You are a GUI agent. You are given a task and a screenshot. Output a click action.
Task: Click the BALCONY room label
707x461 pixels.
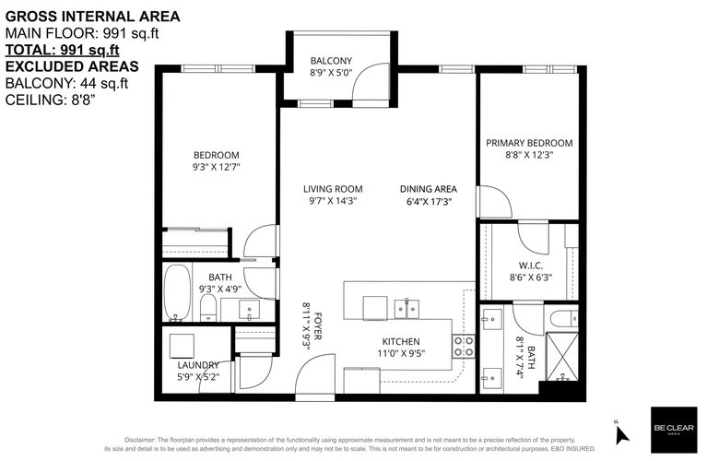tap(331, 61)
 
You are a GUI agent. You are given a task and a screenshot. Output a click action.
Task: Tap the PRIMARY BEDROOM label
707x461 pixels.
tap(529, 143)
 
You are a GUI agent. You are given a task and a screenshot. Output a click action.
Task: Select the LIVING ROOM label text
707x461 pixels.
tap(333, 189)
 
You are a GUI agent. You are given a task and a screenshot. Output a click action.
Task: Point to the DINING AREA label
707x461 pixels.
tap(429, 189)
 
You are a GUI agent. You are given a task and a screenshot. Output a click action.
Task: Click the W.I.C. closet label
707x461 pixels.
tap(531, 266)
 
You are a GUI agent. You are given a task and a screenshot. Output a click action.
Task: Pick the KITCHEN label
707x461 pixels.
tap(401, 341)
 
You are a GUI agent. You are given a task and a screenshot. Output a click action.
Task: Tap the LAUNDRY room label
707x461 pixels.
tap(198, 365)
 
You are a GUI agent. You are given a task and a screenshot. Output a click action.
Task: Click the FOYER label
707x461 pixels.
tap(317, 326)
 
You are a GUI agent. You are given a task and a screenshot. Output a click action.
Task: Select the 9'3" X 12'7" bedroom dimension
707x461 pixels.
tap(216, 167)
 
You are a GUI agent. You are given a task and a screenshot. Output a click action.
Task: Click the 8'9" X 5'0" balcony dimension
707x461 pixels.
tap(331, 73)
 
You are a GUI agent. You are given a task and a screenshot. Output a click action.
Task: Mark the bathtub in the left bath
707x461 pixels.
tap(177, 293)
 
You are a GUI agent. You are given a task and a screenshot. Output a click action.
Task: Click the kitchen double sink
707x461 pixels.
tap(407, 309)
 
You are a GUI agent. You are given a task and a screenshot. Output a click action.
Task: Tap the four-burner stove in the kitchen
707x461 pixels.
tap(464, 347)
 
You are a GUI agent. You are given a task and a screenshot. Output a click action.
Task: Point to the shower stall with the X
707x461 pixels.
tap(561, 356)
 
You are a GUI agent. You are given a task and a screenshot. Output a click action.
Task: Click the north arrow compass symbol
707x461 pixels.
tap(622, 432)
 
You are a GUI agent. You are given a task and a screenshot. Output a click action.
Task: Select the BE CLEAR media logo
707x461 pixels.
tap(674, 430)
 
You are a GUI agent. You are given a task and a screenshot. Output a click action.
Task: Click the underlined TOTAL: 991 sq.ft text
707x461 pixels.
tap(63, 50)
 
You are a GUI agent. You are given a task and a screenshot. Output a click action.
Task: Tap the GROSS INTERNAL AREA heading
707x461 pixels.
tap(92, 17)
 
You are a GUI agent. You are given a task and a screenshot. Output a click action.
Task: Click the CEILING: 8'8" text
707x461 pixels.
tap(50, 100)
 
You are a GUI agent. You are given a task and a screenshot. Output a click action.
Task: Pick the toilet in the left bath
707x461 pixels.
tap(208, 308)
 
